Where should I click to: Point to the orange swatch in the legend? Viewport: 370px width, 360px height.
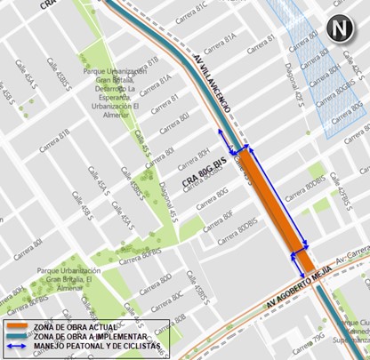click(14, 328)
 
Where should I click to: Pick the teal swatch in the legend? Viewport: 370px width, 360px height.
click(14, 338)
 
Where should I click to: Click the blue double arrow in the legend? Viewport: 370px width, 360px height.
click(14, 348)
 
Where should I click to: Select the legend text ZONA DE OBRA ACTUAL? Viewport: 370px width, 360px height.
click(74, 328)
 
